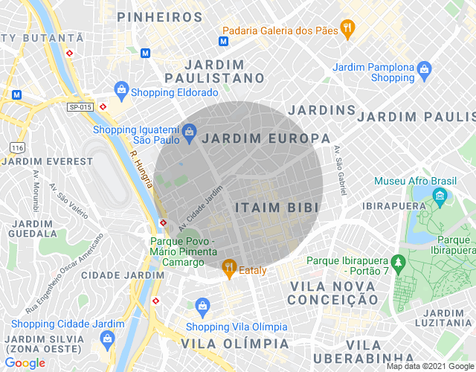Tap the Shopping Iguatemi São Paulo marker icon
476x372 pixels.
coord(190,133)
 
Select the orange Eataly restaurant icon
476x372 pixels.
coord(229,266)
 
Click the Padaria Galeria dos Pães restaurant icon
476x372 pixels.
coord(347,28)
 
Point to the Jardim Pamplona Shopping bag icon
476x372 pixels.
coord(425,71)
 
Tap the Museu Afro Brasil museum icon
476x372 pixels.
coord(440,197)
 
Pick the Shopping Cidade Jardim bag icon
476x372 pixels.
coord(108,339)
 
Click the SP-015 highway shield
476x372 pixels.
coord(80,107)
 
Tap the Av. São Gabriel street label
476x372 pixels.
coord(340,170)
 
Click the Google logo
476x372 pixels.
coord(25,362)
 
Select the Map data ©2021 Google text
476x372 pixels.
coord(429,366)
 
